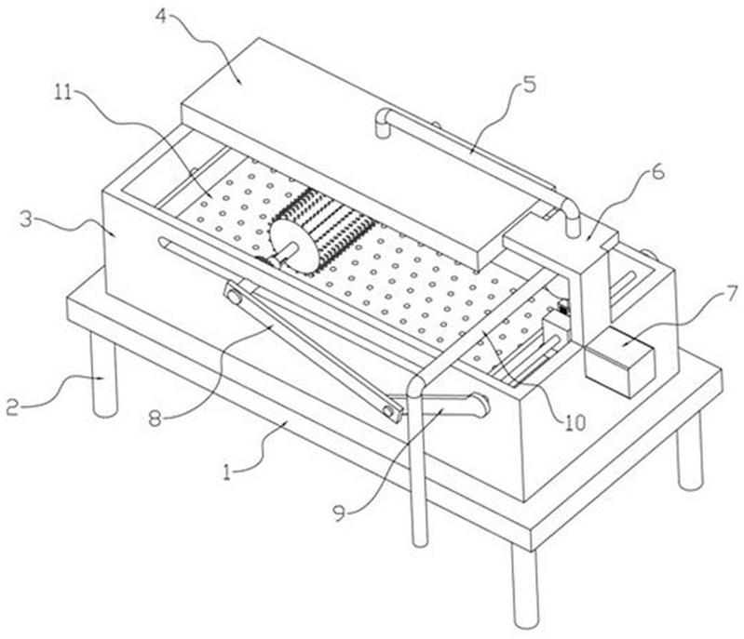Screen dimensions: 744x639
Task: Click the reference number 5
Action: click(x=527, y=86)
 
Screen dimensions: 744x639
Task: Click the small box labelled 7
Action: click(x=617, y=364)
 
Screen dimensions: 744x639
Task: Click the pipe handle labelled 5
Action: click(x=475, y=149)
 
